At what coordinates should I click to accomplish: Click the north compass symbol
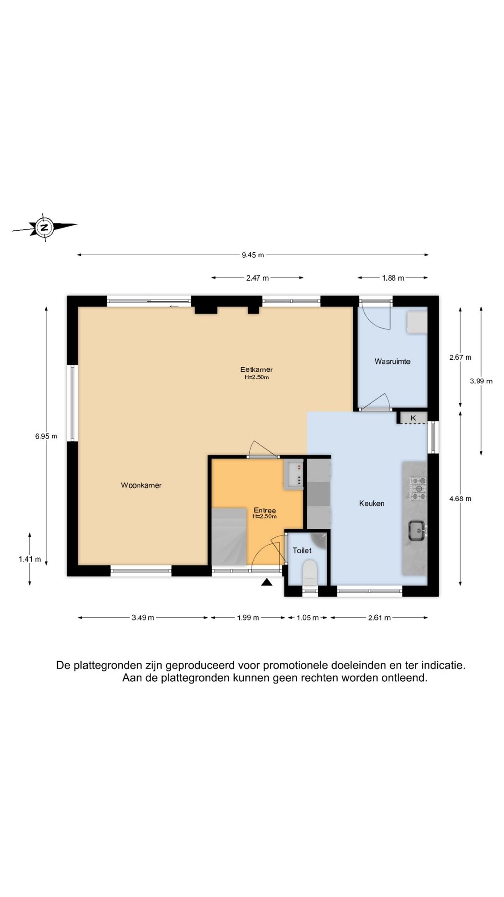pos(44,228)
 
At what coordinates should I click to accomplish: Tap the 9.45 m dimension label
pos(252,255)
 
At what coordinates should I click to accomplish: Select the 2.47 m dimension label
pos(257,278)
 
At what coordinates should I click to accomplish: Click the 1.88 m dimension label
pos(392,278)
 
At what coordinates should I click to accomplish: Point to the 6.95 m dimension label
pos(46,436)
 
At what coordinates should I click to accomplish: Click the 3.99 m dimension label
pos(481,381)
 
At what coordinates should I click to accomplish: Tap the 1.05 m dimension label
pos(308,618)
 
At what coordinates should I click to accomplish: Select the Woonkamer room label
pos(141,485)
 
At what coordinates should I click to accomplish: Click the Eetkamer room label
pos(256,370)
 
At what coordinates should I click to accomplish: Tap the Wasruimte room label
pos(392,361)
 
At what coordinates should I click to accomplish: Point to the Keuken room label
pos(371,503)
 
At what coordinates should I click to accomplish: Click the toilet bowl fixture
pos(309,573)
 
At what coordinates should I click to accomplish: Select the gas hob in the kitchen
pos(418,488)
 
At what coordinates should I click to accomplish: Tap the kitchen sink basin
pos(416,531)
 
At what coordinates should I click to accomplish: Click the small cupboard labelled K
pos(413,418)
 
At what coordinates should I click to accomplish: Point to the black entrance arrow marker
pos(266,582)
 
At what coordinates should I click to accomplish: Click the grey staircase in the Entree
pos(229,537)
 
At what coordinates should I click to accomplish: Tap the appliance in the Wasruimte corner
pos(416,322)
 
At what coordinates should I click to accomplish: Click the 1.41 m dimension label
pos(29,559)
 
